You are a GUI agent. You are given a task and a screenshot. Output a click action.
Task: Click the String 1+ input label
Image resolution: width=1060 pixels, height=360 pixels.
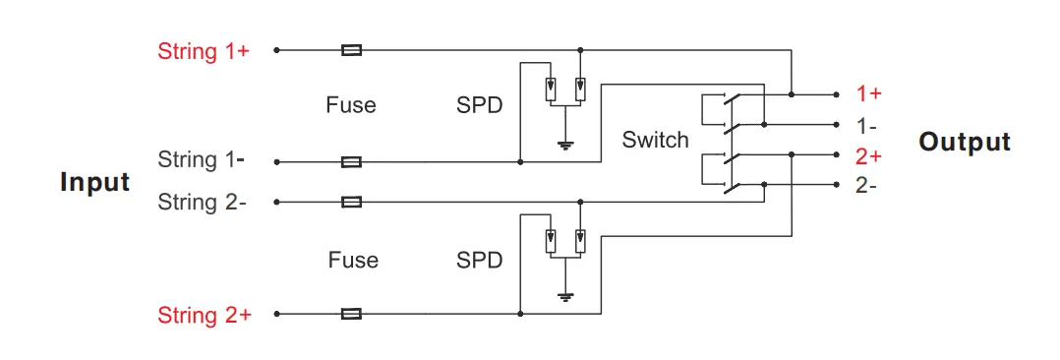point(204,51)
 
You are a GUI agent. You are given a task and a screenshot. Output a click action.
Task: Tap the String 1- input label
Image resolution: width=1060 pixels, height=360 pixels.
point(203,159)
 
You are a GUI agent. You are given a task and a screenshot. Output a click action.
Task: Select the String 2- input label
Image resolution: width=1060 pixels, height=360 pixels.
point(203,203)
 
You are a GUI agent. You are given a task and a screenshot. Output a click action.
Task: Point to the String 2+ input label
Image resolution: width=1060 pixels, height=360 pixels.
point(205,316)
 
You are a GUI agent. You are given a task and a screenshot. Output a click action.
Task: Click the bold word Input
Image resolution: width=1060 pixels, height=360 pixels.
point(95,183)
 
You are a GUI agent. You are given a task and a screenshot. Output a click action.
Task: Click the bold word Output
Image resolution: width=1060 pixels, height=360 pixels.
point(965,142)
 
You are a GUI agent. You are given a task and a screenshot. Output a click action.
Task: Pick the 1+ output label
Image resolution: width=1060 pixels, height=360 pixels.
point(868,94)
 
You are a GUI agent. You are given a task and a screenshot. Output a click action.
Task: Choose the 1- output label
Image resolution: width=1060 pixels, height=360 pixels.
point(866,126)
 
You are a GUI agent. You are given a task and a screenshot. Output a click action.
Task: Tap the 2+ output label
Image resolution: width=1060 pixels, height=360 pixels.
point(868,155)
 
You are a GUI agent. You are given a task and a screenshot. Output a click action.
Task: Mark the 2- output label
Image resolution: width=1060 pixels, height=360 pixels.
point(866,185)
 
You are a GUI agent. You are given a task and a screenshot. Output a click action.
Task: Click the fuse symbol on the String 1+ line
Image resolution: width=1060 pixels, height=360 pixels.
point(351,49)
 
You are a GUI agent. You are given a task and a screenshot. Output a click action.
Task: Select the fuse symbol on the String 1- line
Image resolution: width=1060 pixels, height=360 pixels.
point(351,161)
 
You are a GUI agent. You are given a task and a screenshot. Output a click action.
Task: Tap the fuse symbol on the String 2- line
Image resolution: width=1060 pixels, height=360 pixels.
point(351,202)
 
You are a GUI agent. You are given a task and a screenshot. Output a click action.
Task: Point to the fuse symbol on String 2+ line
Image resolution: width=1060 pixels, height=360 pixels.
point(351,314)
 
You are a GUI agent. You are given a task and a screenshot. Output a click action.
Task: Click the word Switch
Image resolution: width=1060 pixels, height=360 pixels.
point(655,140)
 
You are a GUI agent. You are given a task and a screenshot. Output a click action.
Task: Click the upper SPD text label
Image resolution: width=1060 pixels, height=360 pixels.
point(480,105)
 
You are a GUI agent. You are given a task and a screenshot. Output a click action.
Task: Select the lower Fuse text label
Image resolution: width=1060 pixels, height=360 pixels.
point(353,261)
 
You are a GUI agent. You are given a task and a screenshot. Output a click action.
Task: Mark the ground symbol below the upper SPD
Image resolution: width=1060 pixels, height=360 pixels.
point(565,146)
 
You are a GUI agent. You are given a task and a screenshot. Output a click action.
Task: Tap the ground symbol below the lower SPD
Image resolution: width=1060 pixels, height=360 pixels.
point(565,296)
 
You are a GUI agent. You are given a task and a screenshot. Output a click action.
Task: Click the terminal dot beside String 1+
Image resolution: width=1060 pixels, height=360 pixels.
point(277,49)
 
